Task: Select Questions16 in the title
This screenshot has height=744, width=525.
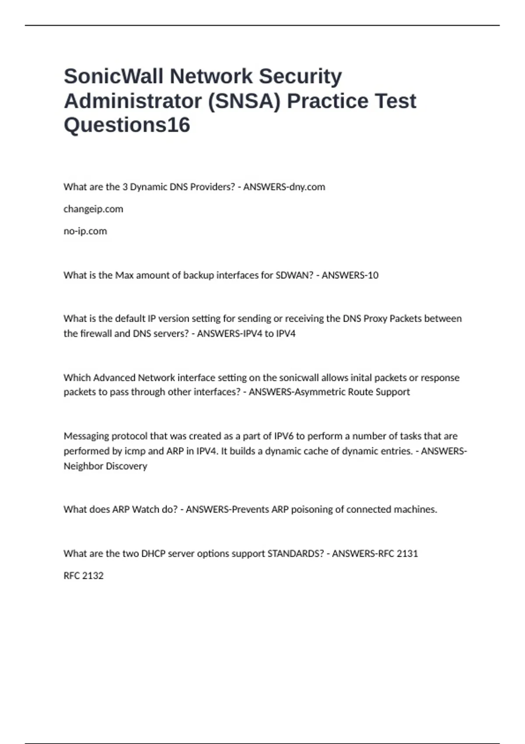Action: (x=127, y=125)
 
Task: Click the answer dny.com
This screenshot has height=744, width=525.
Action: (x=305, y=187)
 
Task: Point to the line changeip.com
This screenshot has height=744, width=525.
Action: (x=93, y=209)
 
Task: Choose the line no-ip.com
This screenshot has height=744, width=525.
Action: (x=85, y=231)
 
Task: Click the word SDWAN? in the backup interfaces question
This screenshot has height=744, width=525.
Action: (x=294, y=275)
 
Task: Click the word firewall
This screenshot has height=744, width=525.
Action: (x=95, y=333)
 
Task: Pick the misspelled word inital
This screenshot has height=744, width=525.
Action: (x=361, y=378)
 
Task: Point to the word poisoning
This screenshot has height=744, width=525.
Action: (x=318, y=509)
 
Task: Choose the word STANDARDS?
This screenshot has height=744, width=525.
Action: (x=295, y=554)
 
